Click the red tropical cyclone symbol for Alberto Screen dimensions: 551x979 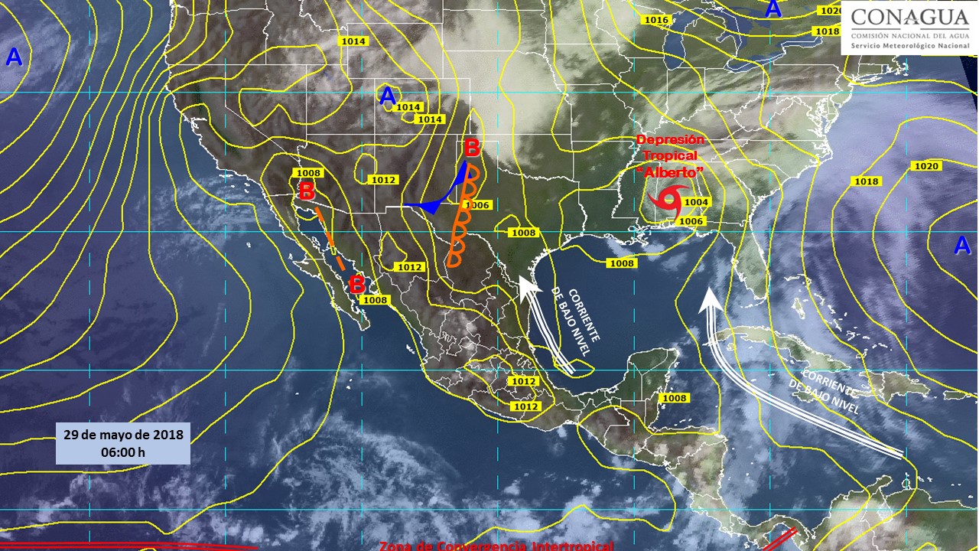click(x=665, y=201)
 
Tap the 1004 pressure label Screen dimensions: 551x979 click(x=697, y=202)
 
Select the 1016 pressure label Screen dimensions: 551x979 click(x=656, y=20)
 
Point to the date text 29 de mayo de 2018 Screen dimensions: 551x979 click(x=123, y=435)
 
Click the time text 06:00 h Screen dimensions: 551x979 click(x=123, y=452)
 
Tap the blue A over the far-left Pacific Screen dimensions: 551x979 click(x=14, y=57)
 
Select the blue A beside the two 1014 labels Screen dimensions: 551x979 click(x=389, y=96)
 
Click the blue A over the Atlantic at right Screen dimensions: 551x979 click(x=962, y=245)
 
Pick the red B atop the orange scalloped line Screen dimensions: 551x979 click(x=472, y=147)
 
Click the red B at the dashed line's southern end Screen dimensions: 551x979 click(x=356, y=285)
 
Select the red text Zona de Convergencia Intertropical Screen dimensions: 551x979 click(x=496, y=546)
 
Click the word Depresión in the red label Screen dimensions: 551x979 click(x=670, y=140)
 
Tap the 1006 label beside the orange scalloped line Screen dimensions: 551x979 click(x=476, y=205)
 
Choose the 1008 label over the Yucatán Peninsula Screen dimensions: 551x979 click(x=675, y=398)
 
